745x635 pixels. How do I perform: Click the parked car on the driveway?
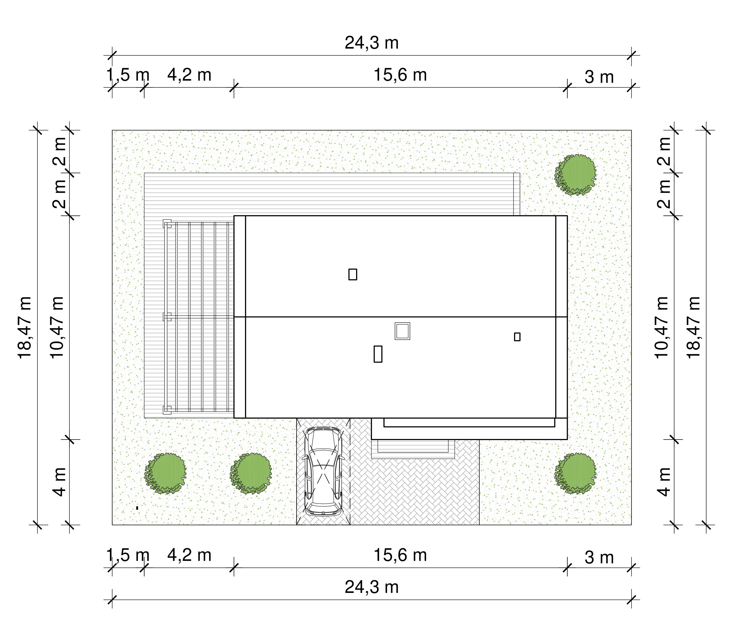click(323, 472)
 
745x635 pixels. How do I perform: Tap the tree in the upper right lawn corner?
click(575, 175)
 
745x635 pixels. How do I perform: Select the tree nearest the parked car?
click(251, 473)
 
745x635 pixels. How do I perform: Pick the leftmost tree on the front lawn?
click(165, 473)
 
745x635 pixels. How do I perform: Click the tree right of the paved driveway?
click(575, 473)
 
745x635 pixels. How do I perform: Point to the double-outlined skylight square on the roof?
click(402, 331)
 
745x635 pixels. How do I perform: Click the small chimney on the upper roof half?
click(353, 274)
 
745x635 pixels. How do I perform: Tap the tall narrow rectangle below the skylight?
click(378, 354)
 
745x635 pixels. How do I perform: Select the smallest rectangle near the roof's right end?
click(517, 337)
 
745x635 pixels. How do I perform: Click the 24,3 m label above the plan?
click(372, 43)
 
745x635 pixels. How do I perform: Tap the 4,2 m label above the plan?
click(189, 75)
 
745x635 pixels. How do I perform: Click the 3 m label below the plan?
click(599, 557)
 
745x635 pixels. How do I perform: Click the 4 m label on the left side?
click(60, 482)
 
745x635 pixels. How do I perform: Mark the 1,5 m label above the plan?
click(128, 75)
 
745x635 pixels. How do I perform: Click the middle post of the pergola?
click(167, 317)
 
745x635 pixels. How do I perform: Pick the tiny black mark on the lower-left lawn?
click(137, 508)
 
